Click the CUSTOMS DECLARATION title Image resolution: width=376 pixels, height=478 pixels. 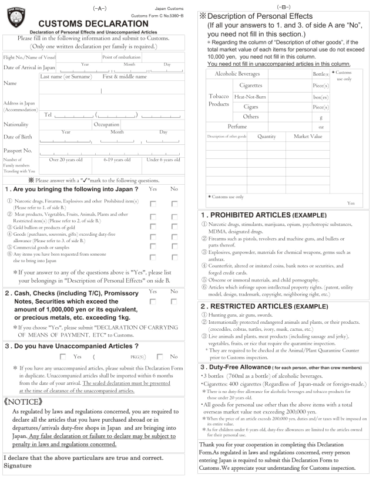point(90,22)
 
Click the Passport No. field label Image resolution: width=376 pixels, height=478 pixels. point(17,150)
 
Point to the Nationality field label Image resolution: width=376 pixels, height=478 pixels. point(17,124)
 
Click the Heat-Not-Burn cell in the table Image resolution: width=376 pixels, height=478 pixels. point(250,96)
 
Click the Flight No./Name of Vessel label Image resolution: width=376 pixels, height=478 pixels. point(28,57)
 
